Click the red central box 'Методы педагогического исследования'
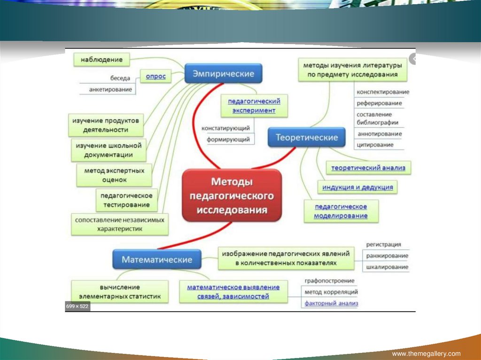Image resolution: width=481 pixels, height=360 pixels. pyautogui.click(x=232, y=195)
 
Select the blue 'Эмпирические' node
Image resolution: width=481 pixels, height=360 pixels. pyautogui.click(x=223, y=74)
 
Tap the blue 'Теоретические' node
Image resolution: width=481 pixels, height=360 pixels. pyautogui.click(x=306, y=138)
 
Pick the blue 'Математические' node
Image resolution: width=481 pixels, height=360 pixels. pyautogui.click(x=157, y=259)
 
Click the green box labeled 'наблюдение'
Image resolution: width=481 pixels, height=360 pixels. pyautogui.click(x=101, y=60)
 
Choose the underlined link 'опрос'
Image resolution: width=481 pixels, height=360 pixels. pyautogui.click(x=155, y=77)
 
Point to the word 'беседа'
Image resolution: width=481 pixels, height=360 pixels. pyautogui.click(x=120, y=78)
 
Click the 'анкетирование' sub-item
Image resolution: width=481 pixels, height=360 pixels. pyautogui.click(x=110, y=89)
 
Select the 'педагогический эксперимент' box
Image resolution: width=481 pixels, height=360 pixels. pyautogui.click(x=254, y=106)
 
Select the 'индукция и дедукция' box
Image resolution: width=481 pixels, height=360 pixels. pyautogui.click(x=357, y=187)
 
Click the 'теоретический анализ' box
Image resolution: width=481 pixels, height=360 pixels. pyautogui.click(x=368, y=168)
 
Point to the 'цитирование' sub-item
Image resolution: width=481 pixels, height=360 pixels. pyautogui.click(x=374, y=145)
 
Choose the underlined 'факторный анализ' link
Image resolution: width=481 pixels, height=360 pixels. pyautogui.click(x=331, y=303)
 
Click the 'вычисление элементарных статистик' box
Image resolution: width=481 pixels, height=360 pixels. pyautogui.click(x=120, y=291)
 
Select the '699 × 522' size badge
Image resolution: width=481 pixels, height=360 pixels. pyautogui.click(x=78, y=306)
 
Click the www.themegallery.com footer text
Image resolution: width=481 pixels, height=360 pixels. pyautogui.click(x=426, y=353)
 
